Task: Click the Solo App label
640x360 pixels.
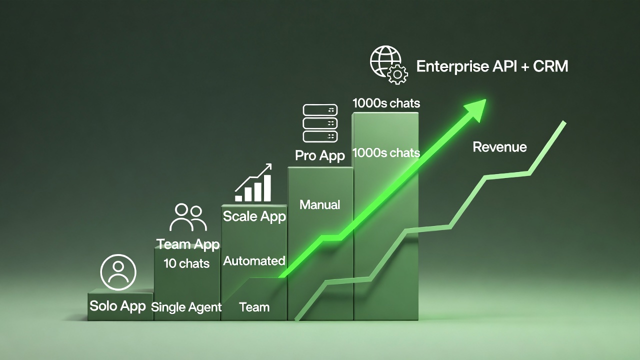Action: pos(117,305)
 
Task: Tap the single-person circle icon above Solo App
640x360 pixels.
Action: pos(118,272)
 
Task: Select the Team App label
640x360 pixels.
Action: pos(188,244)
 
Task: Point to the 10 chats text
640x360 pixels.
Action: pos(186,263)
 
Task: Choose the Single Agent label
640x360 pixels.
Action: pos(186,307)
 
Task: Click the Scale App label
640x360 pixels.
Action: pos(254,216)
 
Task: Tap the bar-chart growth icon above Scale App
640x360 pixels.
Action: pos(253,183)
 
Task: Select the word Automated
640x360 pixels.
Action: pos(254,260)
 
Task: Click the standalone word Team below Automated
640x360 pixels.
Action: pos(254,307)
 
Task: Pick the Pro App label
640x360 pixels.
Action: pos(320,155)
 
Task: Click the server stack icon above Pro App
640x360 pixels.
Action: pos(320,123)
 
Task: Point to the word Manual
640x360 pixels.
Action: pos(320,204)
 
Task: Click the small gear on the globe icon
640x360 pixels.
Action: pos(397,74)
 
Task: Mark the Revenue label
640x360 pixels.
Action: pos(499,147)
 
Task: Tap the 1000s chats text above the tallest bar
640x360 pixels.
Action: pos(386,103)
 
